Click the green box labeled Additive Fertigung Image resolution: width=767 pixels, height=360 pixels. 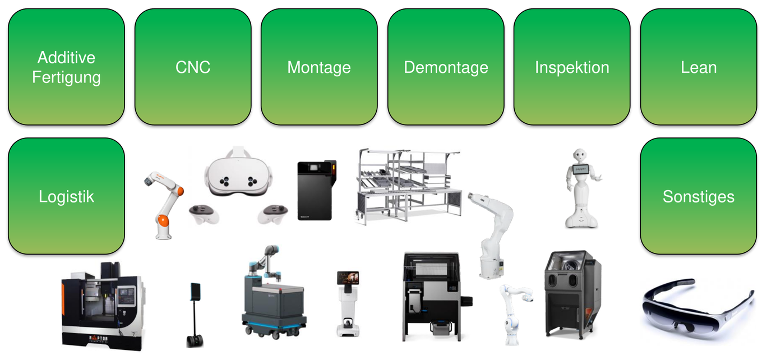click(66, 67)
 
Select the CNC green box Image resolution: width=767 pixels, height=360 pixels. click(193, 67)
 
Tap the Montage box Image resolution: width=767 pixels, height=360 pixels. click(319, 67)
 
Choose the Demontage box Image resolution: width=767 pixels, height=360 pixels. click(446, 67)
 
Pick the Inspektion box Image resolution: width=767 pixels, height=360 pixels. click(572, 67)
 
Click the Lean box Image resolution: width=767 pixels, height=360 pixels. click(699, 67)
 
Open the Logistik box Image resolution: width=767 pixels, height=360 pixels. click(66, 196)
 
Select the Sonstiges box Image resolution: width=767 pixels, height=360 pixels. click(699, 196)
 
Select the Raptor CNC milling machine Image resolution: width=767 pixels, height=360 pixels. click(101, 306)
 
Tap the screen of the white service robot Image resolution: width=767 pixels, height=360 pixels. click(348, 278)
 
